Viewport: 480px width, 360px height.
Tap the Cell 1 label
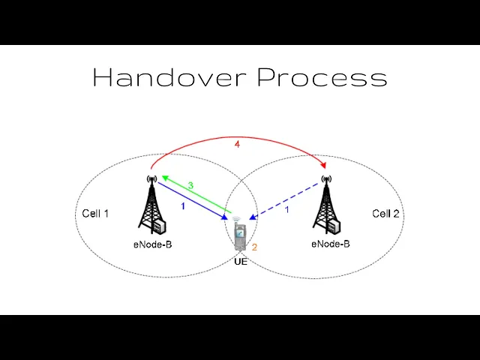[x=95, y=214]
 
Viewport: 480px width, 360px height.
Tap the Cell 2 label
[x=385, y=214]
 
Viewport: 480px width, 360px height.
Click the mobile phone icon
[x=239, y=235]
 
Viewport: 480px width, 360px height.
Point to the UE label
[x=241, y=262]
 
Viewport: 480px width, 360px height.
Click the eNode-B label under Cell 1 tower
[x=153, y=244]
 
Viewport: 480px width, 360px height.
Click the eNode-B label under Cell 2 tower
[x=331, y=244]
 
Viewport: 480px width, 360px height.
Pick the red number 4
[x=237, y=144]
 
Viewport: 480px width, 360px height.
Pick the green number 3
[x=190, y=185]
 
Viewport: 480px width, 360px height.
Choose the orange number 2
[x=255, y=246]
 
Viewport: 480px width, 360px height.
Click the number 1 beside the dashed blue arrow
[x=286, y=209]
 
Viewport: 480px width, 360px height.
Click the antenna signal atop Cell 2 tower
[x=325, y=178]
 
